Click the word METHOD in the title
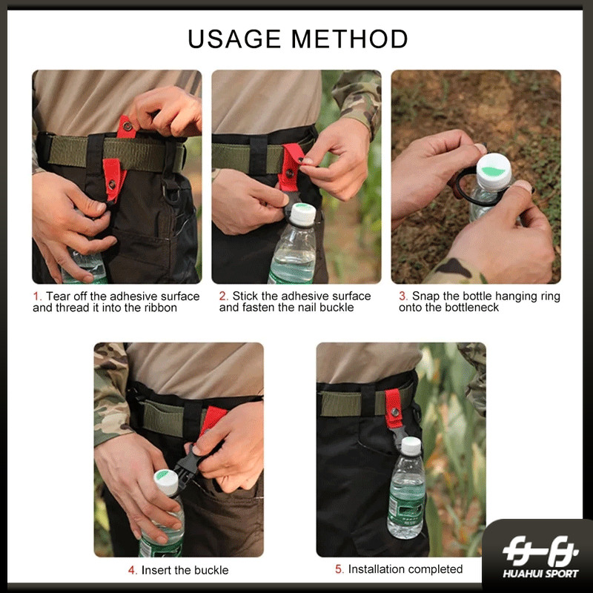point(349,39)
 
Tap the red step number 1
point(36,296)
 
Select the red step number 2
point(224,296)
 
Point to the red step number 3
point(403,296)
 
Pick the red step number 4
point(133,570)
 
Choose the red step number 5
point(339,569)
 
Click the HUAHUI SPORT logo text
point(540,574)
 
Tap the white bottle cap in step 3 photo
point(494,172)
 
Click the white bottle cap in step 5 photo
point(411,446)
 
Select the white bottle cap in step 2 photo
point(302,214)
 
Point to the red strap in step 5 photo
point(394,408)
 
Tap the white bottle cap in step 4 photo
point(166,483)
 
